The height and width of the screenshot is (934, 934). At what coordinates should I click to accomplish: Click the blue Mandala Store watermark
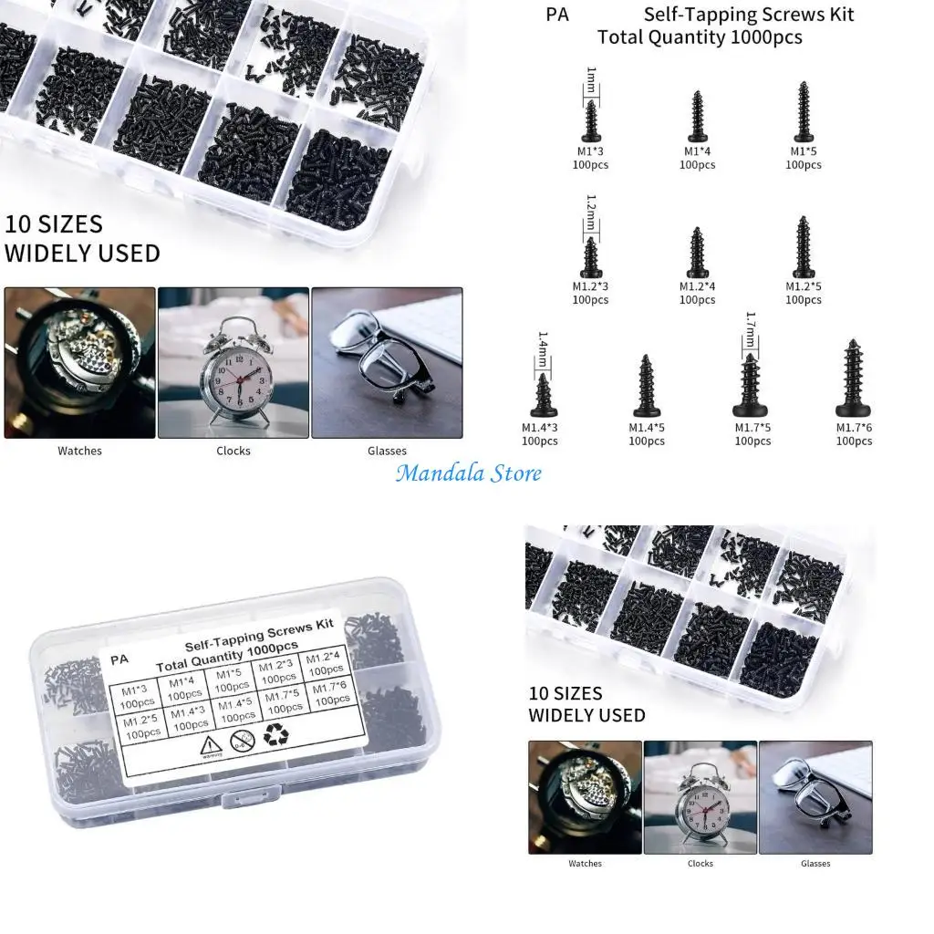[x=468, y=472]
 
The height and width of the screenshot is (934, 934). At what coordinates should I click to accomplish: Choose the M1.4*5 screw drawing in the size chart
[x=646, y=387]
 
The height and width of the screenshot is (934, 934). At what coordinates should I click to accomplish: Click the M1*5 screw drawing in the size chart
[x=804, y=113]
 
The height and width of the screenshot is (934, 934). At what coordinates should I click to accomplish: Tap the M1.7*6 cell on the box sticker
[x=331, y=694]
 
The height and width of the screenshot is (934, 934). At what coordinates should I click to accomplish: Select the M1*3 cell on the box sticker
[x=138, y=698]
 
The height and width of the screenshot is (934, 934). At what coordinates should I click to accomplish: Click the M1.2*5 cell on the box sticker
[x=143, y=728]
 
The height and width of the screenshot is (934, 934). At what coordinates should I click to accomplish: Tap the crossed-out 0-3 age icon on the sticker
[x=243, y=740]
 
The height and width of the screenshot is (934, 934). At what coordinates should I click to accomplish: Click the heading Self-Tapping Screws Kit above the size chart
[x=749, y=15]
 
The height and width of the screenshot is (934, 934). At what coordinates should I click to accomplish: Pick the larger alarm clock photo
[x=233, y=363]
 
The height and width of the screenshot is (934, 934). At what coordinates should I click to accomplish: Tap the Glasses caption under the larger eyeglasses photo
[x=387, y=451]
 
